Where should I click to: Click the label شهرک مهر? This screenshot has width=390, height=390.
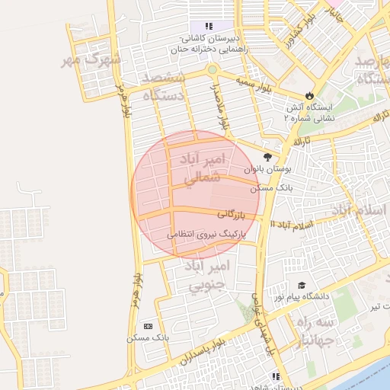94,60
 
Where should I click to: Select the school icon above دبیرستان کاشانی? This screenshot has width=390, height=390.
208,27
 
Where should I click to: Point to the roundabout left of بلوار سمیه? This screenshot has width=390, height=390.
212,71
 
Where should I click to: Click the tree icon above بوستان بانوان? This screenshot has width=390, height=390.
267,156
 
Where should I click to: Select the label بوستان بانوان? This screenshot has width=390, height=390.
267,168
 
